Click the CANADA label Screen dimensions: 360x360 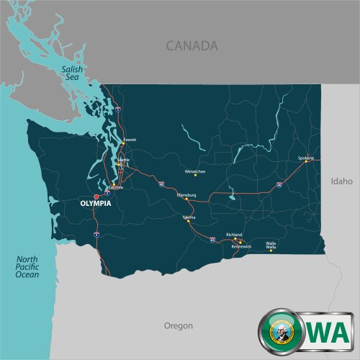point(192,46)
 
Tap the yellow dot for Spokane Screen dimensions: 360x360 point(306,161)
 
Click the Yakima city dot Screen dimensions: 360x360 point(189,220)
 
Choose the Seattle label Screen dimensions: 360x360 point(124,159)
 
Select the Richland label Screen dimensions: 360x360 point(234,235)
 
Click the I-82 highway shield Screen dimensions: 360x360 point(212,238)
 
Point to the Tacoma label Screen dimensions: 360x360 point(117,187)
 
